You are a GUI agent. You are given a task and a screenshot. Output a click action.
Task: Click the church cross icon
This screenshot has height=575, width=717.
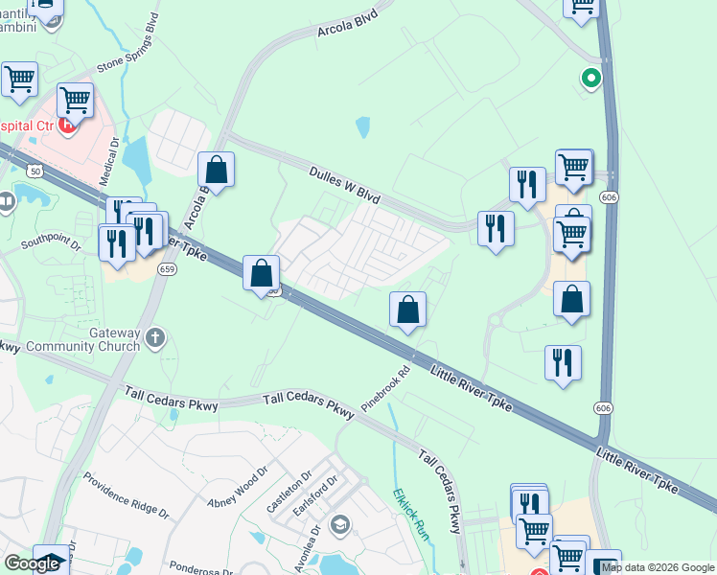(156, 337)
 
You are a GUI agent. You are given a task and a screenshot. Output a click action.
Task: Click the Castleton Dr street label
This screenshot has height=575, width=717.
(289, 490)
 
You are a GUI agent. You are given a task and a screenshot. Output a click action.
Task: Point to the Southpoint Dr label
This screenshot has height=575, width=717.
(52, 241)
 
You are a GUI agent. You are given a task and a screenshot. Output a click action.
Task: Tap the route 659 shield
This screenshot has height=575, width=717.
(168, 269)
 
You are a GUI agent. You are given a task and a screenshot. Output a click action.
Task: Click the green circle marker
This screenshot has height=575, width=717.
(591, 79)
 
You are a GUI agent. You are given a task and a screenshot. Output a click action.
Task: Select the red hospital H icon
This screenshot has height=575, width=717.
(67, 126)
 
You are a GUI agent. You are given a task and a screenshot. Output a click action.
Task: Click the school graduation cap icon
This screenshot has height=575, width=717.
(338, 525)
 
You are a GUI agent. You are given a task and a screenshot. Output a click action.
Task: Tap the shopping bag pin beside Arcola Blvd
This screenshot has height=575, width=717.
(217, 171)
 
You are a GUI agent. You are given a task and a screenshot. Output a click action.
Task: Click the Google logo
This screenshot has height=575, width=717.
(32, 563)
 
